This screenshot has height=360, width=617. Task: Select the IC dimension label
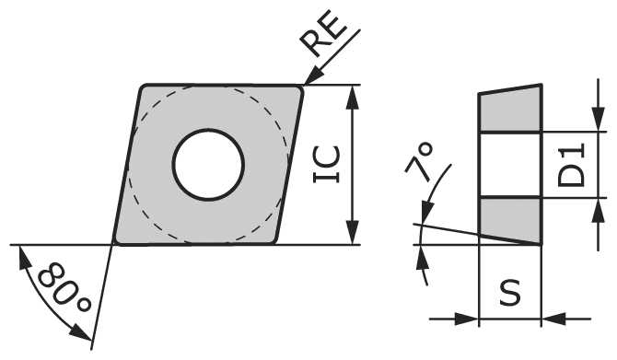(x=329, y=164)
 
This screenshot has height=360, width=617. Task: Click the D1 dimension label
(x=573, y=165)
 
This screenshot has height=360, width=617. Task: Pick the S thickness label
(x=509, y=293)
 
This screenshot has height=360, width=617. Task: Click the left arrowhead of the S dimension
(x=471, y=319)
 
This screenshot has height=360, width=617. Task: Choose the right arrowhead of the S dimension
(x=550, y=319)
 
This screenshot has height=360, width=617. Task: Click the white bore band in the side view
(x=509, y=165)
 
